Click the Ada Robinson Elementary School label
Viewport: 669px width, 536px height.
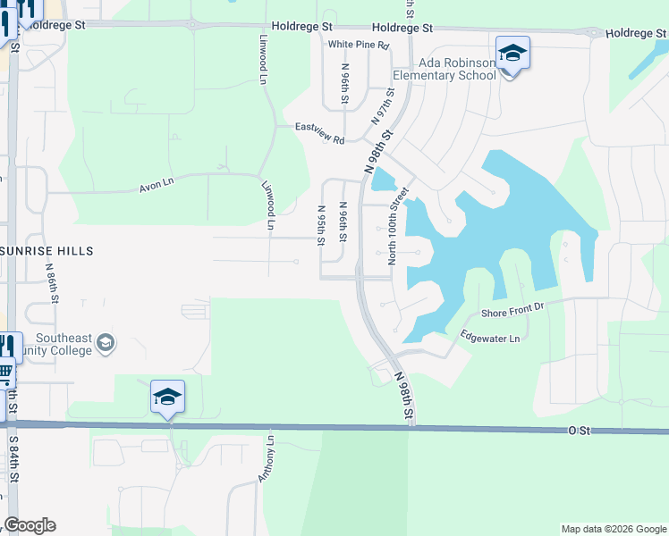click(457, 70)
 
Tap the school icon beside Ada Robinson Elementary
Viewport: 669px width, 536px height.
click(512, 54)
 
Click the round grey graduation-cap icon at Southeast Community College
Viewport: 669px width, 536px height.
click(106, 343)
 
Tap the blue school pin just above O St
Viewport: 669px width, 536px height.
click(167, 397)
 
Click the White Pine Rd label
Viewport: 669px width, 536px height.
click(359, 45)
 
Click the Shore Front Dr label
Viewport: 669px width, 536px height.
click(512, 311)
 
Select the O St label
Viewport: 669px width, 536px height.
click(580, 431)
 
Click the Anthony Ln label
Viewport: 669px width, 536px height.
click(266, 459)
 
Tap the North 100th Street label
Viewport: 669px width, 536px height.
click(397, 226)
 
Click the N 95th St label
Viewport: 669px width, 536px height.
click(321, 225)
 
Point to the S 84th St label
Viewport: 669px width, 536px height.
click(13, 461)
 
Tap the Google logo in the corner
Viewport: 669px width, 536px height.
click(30, 525)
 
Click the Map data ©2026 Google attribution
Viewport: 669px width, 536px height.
click(614, 529)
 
